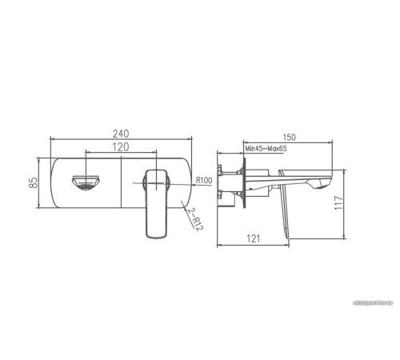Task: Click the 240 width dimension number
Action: pyautogui.click(x=120, y=133)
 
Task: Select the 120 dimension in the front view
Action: pyautogui.click(x=120, y=148)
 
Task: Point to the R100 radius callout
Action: pyautogui.click(x=203, y=182)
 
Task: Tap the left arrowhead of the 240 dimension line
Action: pyautogui.click(x=51, y=141)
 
